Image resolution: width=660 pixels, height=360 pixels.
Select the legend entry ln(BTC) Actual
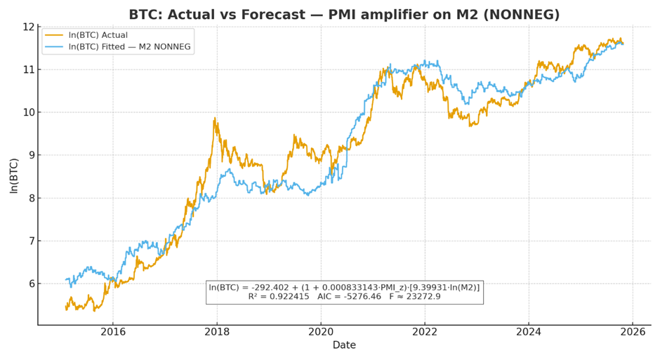pyautogui.click(x=98, y=35)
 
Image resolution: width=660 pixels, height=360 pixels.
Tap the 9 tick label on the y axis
pyautogui.click(x=31, y=155)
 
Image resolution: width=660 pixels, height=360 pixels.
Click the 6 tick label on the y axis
pyautogui.click(x=31, y=284)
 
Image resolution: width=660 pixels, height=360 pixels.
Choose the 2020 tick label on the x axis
pyautogui.click(x=321, y=331)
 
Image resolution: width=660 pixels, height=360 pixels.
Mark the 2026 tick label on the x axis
pyautogui.click(x=633, y=331)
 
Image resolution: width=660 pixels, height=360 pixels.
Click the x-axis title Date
pyautogui.click(x=344, y=345)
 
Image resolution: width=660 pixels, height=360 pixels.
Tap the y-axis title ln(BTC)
pyautogui.click(x=14, y=175)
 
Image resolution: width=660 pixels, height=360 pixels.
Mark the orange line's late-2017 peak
pyautogui.click(x=215, y=119)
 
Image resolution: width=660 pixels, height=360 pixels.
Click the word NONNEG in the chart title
pyautogui.click(x=526, y=15)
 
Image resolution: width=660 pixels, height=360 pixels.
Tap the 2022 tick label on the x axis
pyautogui.click(x=425, y=331)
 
